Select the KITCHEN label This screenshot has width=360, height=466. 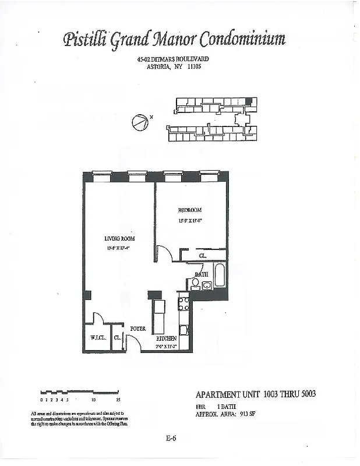(167, 338)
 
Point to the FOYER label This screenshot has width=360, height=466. (137, 329)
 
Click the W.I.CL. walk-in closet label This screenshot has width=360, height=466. (96, 338)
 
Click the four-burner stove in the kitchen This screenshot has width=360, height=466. (183, 303)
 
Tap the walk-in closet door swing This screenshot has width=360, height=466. (98, 318)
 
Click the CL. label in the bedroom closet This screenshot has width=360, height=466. (202, 255)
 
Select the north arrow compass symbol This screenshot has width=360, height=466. (139, 123)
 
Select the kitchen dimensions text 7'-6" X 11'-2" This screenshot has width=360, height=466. (167, 346)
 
